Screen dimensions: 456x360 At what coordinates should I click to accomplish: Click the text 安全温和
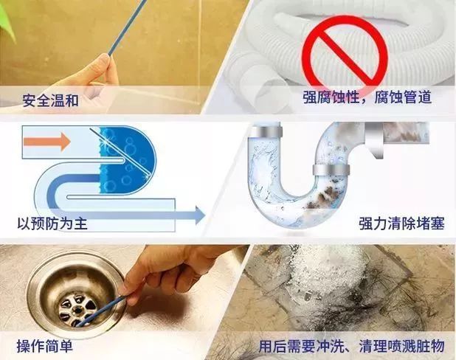click(x=51, y=100)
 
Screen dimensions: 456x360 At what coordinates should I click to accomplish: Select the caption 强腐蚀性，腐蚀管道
click(x=367, y=97)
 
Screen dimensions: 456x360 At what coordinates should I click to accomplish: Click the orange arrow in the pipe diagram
click(x=47, y=142)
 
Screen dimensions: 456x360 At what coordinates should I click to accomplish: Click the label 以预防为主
click(x=52, y=224)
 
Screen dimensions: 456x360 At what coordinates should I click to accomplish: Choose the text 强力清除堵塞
click(x=401, y=224)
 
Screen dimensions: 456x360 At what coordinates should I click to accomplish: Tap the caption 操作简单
click(x=44, y=346)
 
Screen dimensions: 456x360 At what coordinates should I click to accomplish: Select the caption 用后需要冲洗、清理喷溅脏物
click(x=352, y=346)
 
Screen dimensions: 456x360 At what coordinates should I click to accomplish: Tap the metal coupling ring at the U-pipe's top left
click(x=266, y=131)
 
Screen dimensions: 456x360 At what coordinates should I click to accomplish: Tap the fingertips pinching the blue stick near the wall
click(x=106, y=62)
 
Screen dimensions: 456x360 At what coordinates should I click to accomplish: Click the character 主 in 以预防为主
click(x=81, y=224)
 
